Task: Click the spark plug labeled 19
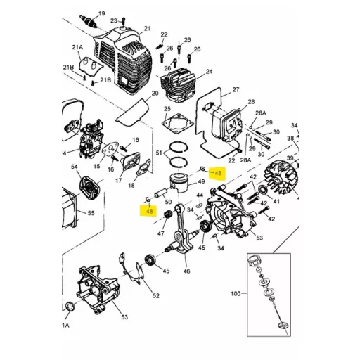click(x=89, y=21)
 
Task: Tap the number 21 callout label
click(x=147, y=29)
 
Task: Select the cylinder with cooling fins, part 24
click(x=179, y=85)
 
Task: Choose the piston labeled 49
click(x=180, y=182)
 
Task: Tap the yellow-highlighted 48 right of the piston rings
click(x=217, y=173)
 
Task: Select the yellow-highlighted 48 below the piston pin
click(x=149, y=211)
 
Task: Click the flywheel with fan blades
click(x=282, y=178)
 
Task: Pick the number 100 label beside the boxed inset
click(x=236, y=293)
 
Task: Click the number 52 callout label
click(x=156, y=295)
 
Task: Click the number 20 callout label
click(x=155, y=94)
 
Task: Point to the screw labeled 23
click(x=123, y=21)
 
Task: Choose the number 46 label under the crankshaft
click(x=186, y=271)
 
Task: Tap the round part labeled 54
click(x=90, y=188)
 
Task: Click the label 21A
click(x=77, y=47)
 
